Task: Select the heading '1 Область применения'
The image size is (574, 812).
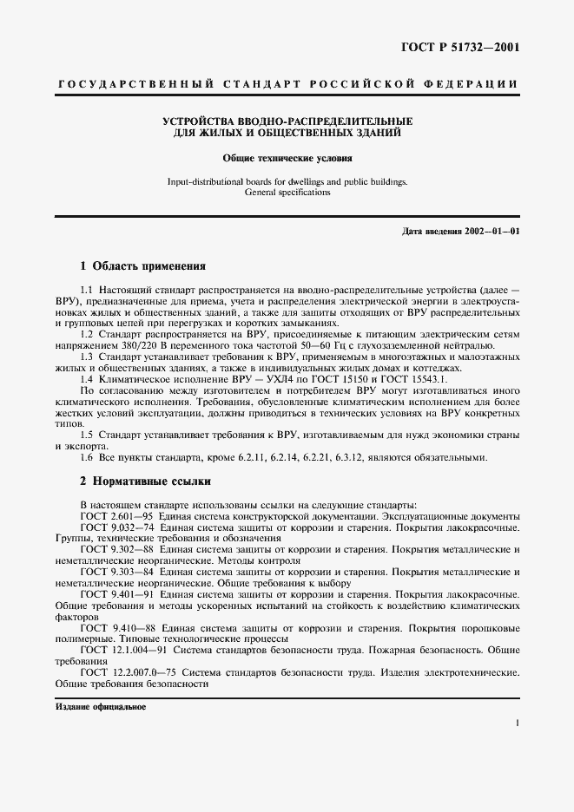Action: [142, 266]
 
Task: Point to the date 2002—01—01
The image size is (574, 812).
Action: [490, 232]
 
